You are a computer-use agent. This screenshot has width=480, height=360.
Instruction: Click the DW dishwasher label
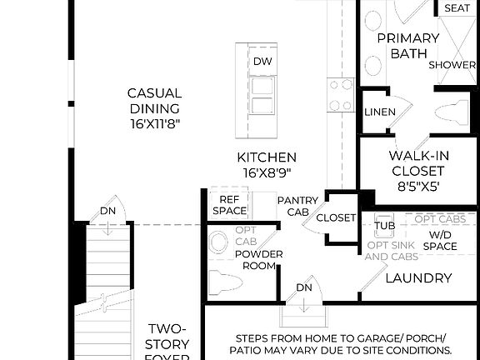tap(262, 62)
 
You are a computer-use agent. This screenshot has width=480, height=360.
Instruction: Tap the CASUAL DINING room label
tap(154, 107)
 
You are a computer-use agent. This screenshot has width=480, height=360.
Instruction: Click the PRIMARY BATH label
tap(408, 46)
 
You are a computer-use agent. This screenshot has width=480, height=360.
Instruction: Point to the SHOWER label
tap(452, 65)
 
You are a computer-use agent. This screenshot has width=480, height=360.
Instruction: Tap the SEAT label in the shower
tap(457, 8)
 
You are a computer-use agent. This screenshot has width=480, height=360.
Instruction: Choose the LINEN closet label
tap(379, 112)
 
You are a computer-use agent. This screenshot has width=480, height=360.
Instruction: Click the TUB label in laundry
tap(384, 225)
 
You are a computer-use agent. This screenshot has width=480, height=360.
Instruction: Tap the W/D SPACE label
tap(442, 240)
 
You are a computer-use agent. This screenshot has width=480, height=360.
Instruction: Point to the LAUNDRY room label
tap(418, 277)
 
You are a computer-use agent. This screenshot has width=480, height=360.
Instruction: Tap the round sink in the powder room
tap(218, 242)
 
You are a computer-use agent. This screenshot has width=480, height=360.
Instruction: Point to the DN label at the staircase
tap(107, 211)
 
